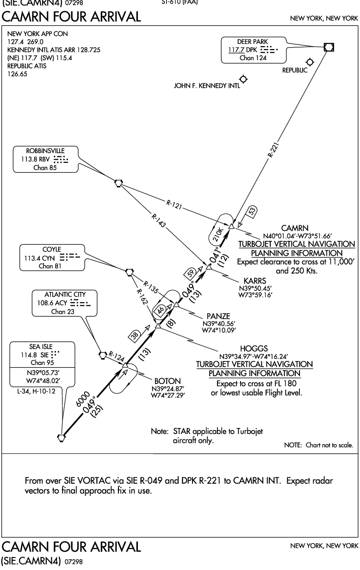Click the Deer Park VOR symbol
329,47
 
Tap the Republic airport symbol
310,62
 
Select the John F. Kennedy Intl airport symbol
243,79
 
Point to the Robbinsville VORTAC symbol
118,183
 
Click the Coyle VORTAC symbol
130,272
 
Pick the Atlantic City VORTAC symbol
103,355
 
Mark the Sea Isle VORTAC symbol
61,437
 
